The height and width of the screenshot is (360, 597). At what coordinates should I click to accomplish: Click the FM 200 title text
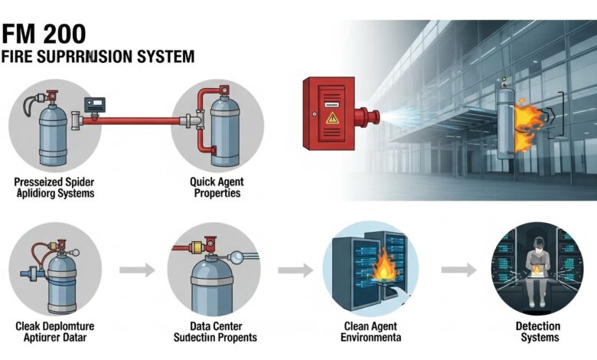pyautogui.click(x=44, y=34)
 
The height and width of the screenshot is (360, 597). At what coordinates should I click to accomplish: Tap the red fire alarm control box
pyautogui.click(x=333, y=115)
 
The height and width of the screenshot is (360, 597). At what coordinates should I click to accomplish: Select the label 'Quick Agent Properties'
pyautogui.click(x=215, y=188)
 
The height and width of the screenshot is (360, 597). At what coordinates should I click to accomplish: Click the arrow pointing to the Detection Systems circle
pyautogui.click(x=457, y=270)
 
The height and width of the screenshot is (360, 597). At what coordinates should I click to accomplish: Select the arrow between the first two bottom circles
pyautogui.click(x=134, y=270)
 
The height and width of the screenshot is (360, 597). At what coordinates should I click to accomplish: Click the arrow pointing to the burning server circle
pyautogui.click(x=295, y=270)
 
